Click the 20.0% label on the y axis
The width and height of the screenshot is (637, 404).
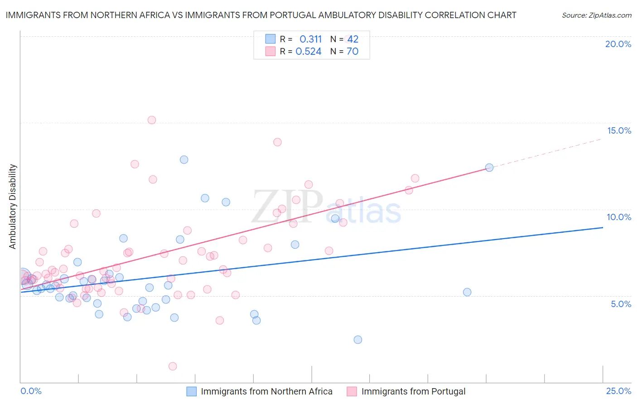[618, 44]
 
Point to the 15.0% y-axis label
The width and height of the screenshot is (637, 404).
[619, 130]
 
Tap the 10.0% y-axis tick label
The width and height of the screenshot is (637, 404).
[619, 217]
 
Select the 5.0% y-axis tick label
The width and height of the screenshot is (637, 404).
[621, 304]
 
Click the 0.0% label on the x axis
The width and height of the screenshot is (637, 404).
[31, 391]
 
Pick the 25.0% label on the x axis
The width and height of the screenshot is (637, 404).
[618, 391]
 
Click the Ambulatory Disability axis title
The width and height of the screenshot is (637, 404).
[13, 207]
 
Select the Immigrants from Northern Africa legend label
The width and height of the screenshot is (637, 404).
[266, 391]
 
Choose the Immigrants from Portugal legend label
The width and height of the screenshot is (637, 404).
[413, 391]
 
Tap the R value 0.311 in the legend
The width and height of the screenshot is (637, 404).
[310, 39]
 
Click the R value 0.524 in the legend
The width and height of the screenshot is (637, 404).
[309, 52]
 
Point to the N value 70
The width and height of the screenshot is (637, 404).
[352, 52]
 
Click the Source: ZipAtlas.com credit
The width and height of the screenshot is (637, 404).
[596, 15]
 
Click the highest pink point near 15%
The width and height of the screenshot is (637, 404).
[152, 120]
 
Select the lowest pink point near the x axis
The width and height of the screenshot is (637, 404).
[173, 366]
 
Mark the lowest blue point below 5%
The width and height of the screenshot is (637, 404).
[358, 340]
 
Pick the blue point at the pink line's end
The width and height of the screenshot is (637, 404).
[489, 168]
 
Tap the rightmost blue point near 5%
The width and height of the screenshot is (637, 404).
[467, 292]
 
